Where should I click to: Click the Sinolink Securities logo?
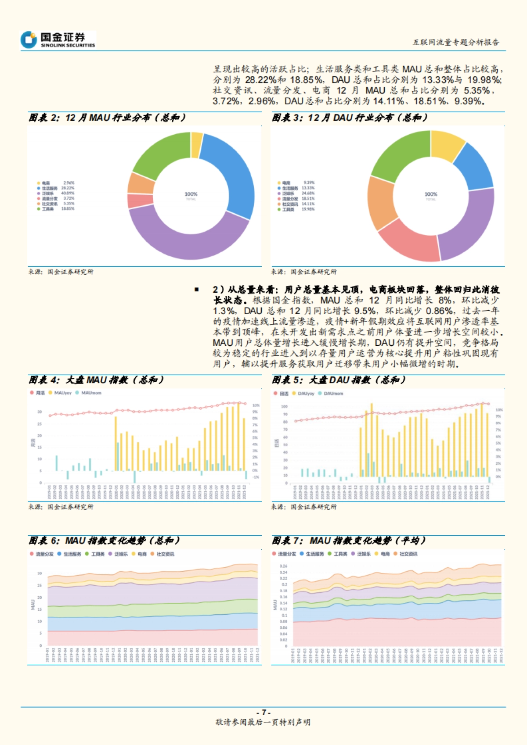click(x=58, y=39)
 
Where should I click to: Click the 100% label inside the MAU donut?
click(x=191, y=194)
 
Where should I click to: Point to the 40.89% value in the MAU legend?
click(x=68, y=193)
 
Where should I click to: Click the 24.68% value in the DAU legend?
click(x=308, y=193)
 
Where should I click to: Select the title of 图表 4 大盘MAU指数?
click(x=97, y=380)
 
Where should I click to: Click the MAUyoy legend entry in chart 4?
click(x=62, y=393)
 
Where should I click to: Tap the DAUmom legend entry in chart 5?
click(x=333, y=394)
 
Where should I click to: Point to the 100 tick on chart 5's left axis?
click(x=284, y=406)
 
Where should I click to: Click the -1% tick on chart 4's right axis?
click(x=256, y=477)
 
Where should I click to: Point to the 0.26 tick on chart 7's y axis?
click(x=283, y=566)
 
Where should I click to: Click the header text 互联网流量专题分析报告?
click(x=455, y=42)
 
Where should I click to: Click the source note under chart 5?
click(x=304, y=507)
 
